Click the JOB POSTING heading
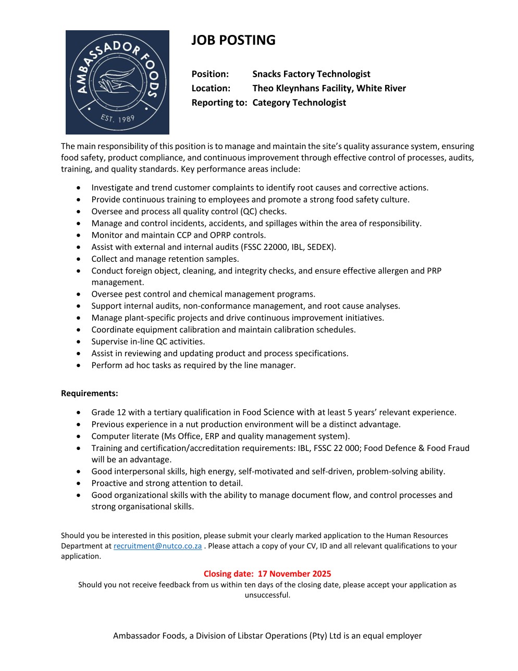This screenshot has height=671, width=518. (233, 40)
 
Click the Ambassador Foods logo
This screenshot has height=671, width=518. (117, 82)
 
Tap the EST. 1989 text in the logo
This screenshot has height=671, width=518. (117, 119)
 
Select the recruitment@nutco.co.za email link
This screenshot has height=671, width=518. (157, 546)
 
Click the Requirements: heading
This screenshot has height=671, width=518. (90, 393)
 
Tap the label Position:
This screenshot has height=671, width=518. (210, 74)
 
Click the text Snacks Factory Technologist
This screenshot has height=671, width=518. (311, 74)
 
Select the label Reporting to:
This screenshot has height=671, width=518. (219, 103)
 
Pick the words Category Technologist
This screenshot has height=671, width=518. (299, 103)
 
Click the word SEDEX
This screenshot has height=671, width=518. (322, 247)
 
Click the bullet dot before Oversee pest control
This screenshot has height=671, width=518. (78, 294)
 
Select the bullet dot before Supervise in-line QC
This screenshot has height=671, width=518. (78, 341)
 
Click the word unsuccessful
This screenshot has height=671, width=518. (267, 595)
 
